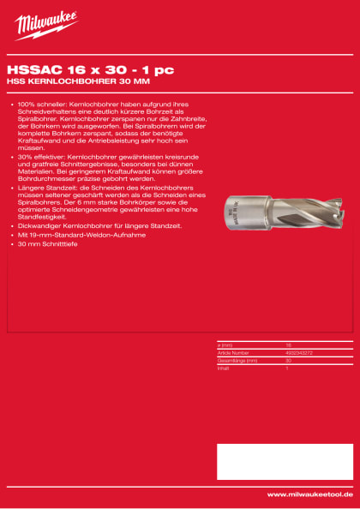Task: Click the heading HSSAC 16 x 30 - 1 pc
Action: [x=79, y=71]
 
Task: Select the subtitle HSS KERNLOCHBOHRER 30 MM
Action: [x=66, y=82]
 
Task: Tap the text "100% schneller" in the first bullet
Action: [x=39, y=104]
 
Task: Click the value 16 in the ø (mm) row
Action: [x=288, y=344]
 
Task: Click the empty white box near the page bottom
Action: [x=284, y=461]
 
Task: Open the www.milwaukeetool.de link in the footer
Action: [x=309, y=494]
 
